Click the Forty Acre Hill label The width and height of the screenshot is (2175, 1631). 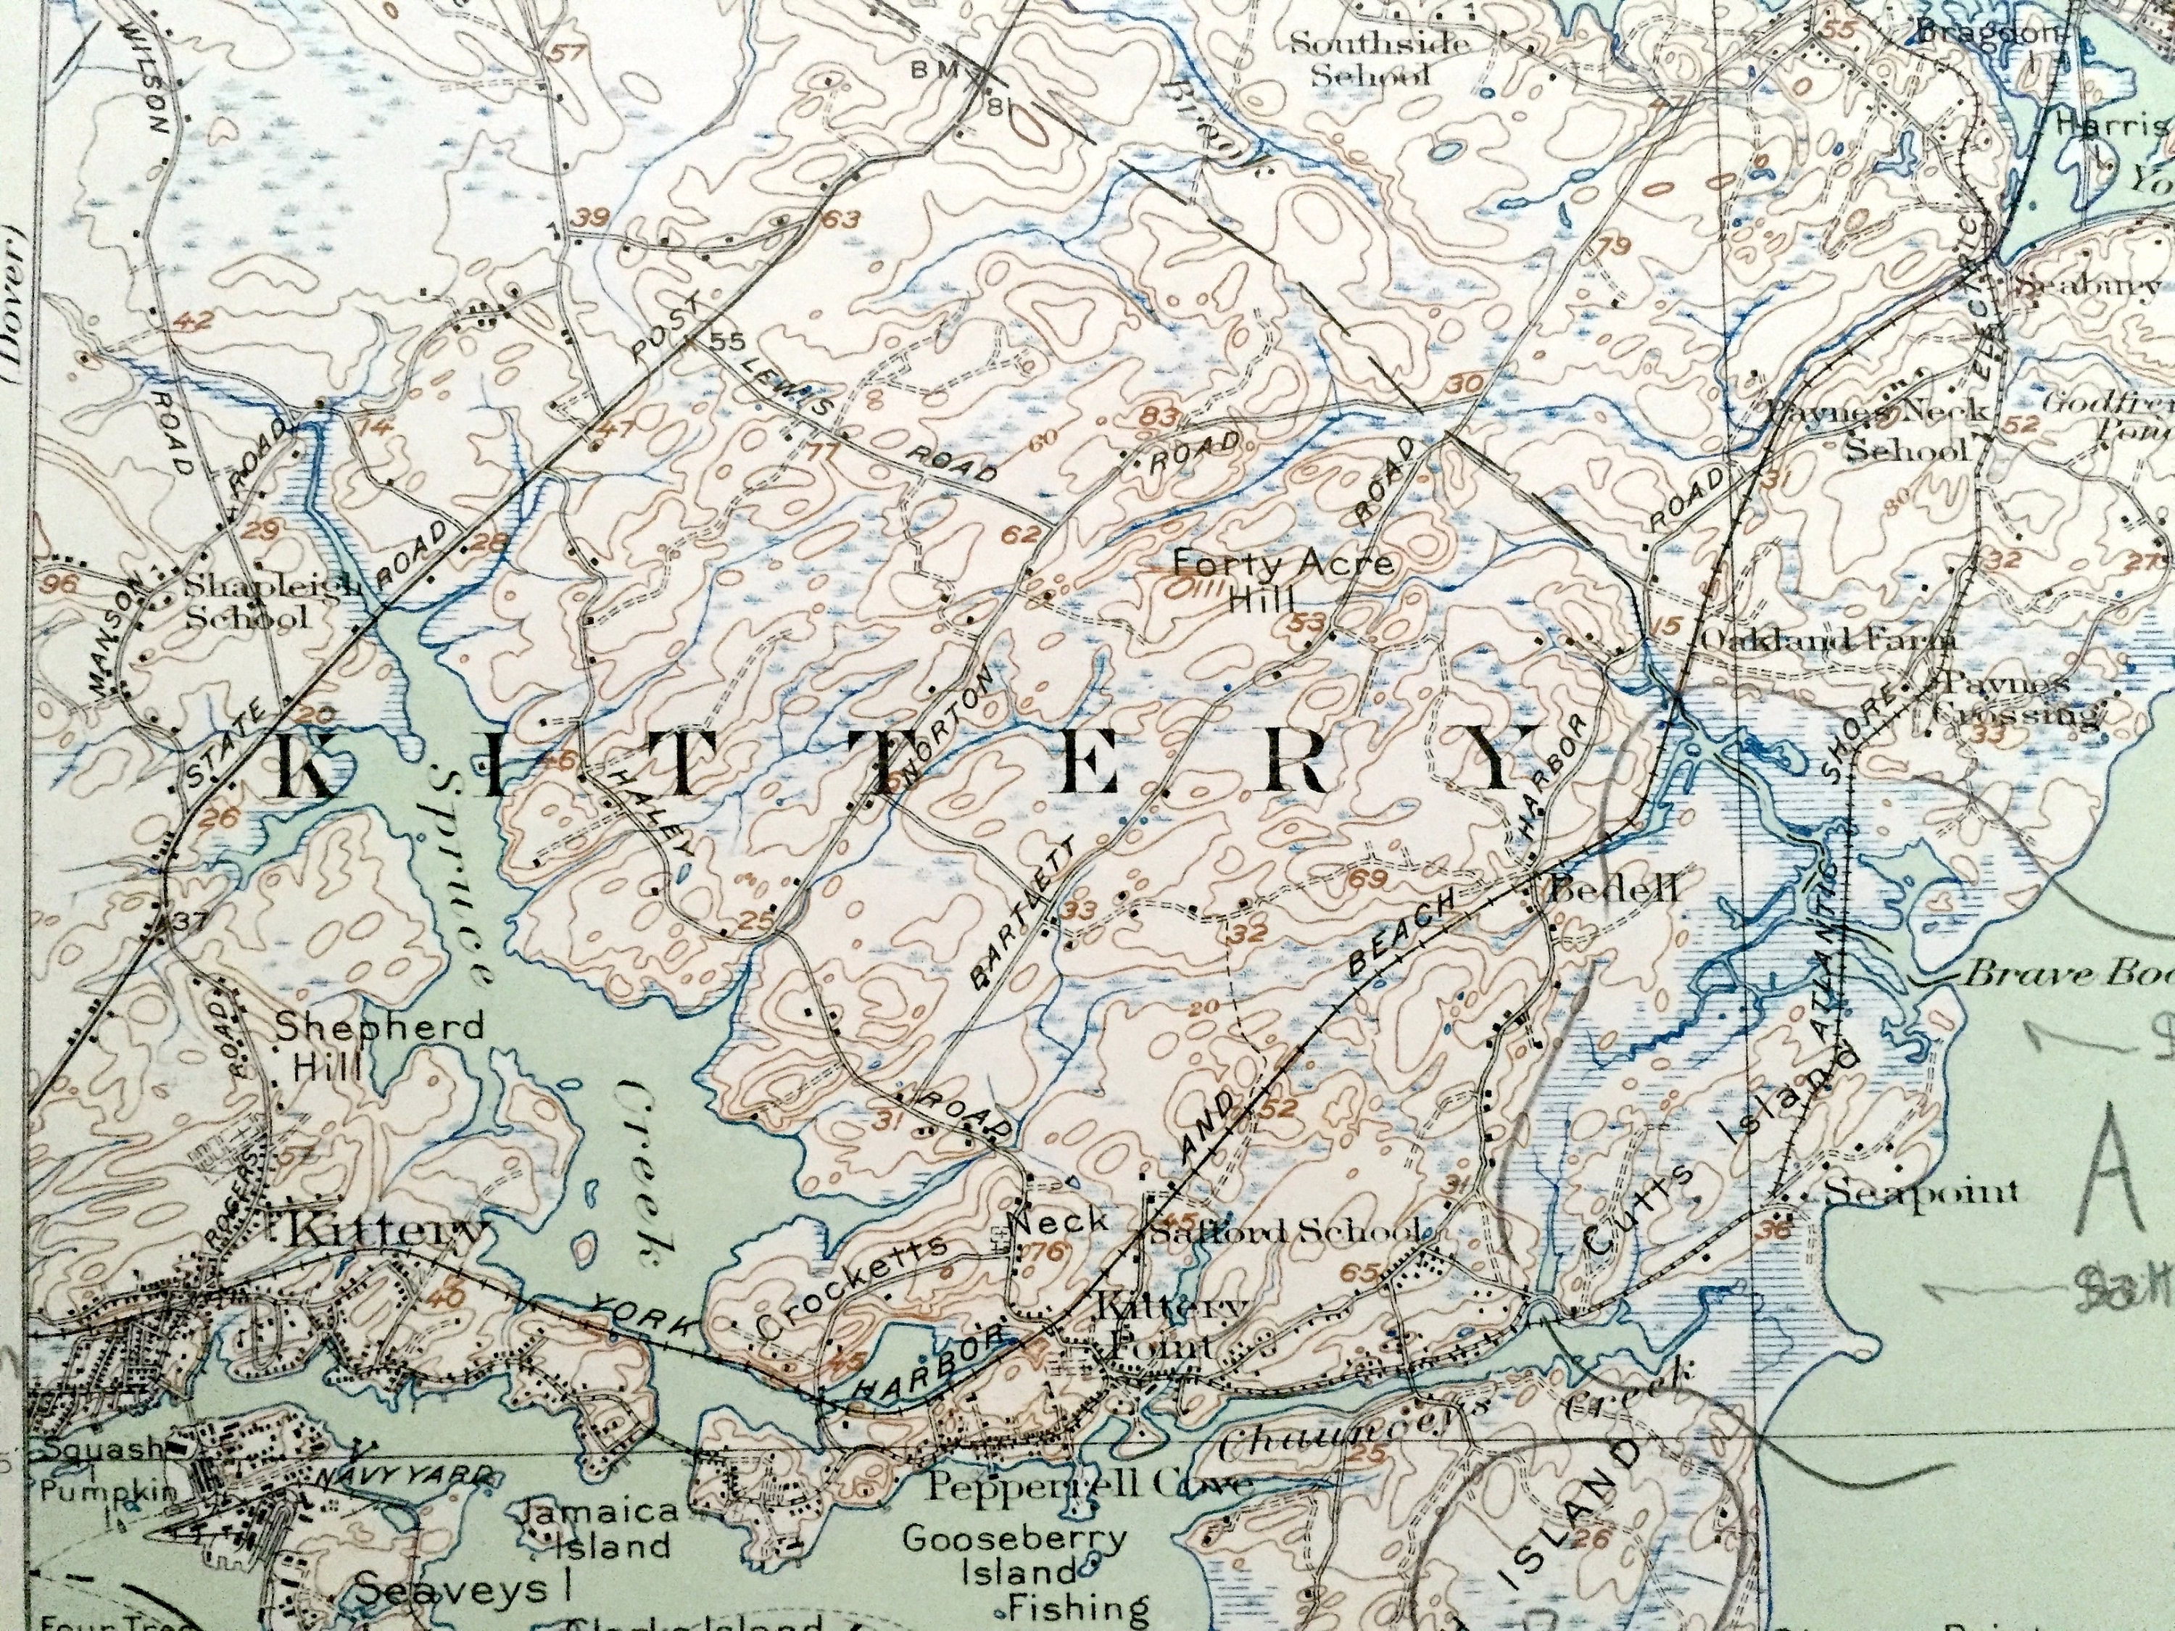(x=1283, y=579)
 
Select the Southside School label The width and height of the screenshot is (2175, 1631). (x=1378, y=58)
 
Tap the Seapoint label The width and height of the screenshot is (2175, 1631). (x=1921, y=1192)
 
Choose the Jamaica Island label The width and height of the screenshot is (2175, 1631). (x=601, y=1528)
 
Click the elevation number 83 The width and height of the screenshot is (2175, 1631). (x=1161, y=417)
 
